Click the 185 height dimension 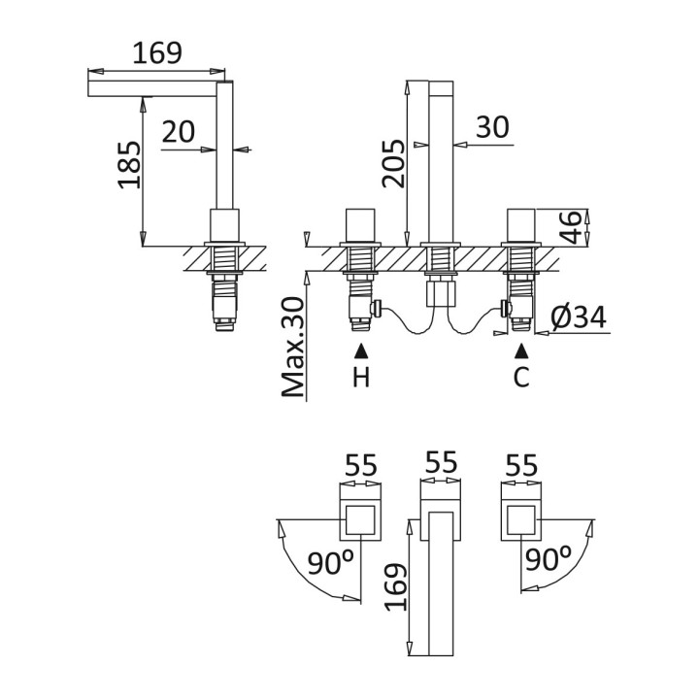[x=129, y=164]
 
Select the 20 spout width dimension [x=179, y=131]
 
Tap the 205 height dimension [x=393, y=163]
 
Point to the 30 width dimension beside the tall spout [x=492, y=127]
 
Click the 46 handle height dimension [x=571, y=227]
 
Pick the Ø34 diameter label [x=579, y=317]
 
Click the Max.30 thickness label [x=293, y=347]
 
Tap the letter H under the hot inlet [x=361, y=377]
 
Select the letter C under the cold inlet [x=521, y=377]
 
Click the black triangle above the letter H [x=361, y=351]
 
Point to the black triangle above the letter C [x=521, y=351]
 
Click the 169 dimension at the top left [x=157, y=53]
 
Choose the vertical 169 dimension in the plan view [x=395, y=587]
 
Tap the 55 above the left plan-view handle [x=361, y=466]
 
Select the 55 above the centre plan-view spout [x=442, y=462]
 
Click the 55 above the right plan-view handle [x=521, y=466]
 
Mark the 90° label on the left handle [x=330, y=562]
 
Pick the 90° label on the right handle [x=548, y=559]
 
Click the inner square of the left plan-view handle [x=360, y=519]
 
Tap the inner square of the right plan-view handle [x=520, y=519]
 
